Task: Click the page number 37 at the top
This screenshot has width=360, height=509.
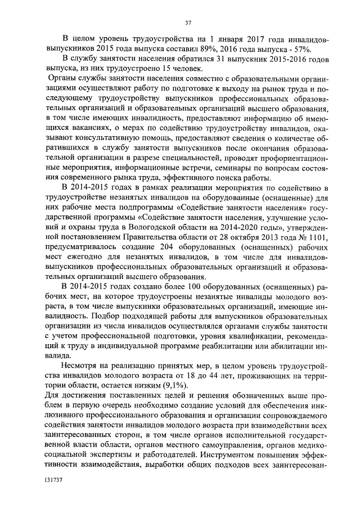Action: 188,22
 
